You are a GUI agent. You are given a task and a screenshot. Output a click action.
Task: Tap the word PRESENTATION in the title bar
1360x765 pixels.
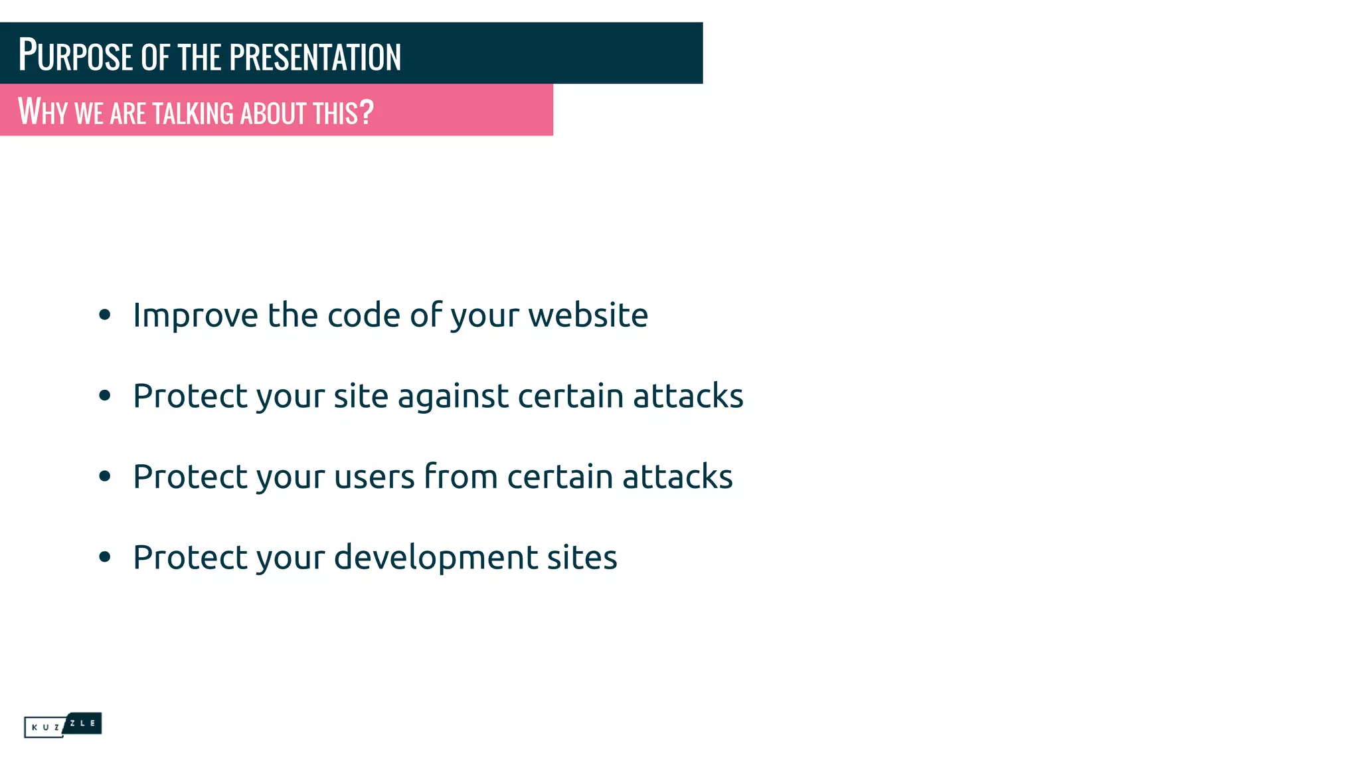tap(315, 57)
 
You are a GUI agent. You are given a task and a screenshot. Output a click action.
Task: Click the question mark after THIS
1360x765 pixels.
tap(367, 111)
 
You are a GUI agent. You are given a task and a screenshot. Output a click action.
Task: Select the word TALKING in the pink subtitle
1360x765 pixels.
tap(193, 113)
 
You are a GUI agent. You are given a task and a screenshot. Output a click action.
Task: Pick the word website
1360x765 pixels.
tap(588, 315)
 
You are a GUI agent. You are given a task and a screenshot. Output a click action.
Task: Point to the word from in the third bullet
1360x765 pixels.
tap(461, 477)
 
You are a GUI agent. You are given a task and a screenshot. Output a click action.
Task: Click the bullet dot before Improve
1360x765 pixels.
tap(104, 315)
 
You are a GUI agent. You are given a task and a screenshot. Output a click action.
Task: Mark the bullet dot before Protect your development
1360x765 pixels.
tap(104, 557)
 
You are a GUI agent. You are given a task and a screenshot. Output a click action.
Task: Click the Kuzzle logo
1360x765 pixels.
tap(63, 725)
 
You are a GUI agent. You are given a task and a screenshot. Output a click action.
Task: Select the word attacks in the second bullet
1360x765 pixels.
tap(688, 396)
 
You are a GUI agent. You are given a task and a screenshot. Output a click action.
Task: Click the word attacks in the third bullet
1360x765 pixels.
tap(677, 477)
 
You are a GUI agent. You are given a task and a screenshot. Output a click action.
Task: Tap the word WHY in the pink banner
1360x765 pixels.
tap(42, 112)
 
